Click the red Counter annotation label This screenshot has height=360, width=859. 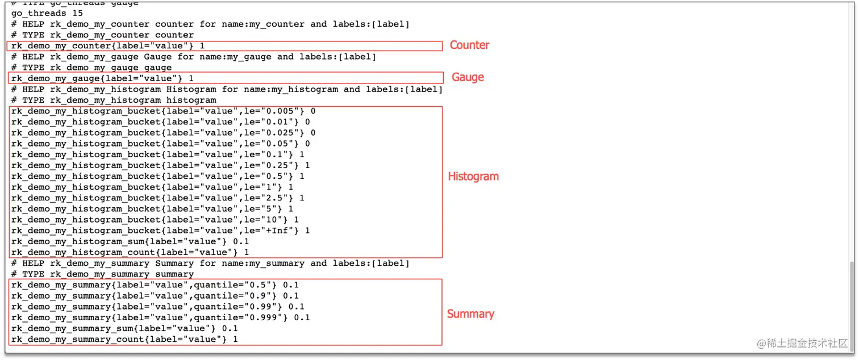(x=469, y=45)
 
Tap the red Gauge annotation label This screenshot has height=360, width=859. (x=468, y=77)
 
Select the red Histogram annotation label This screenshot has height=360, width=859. (x=473, y=176)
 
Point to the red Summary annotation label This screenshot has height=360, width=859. (x=470, y=314)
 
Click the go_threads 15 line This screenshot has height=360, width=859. (x=47, y=13)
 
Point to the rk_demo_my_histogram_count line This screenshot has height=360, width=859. (x=130, y=252)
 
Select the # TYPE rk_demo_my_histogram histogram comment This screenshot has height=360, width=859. (x=114, y=101)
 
